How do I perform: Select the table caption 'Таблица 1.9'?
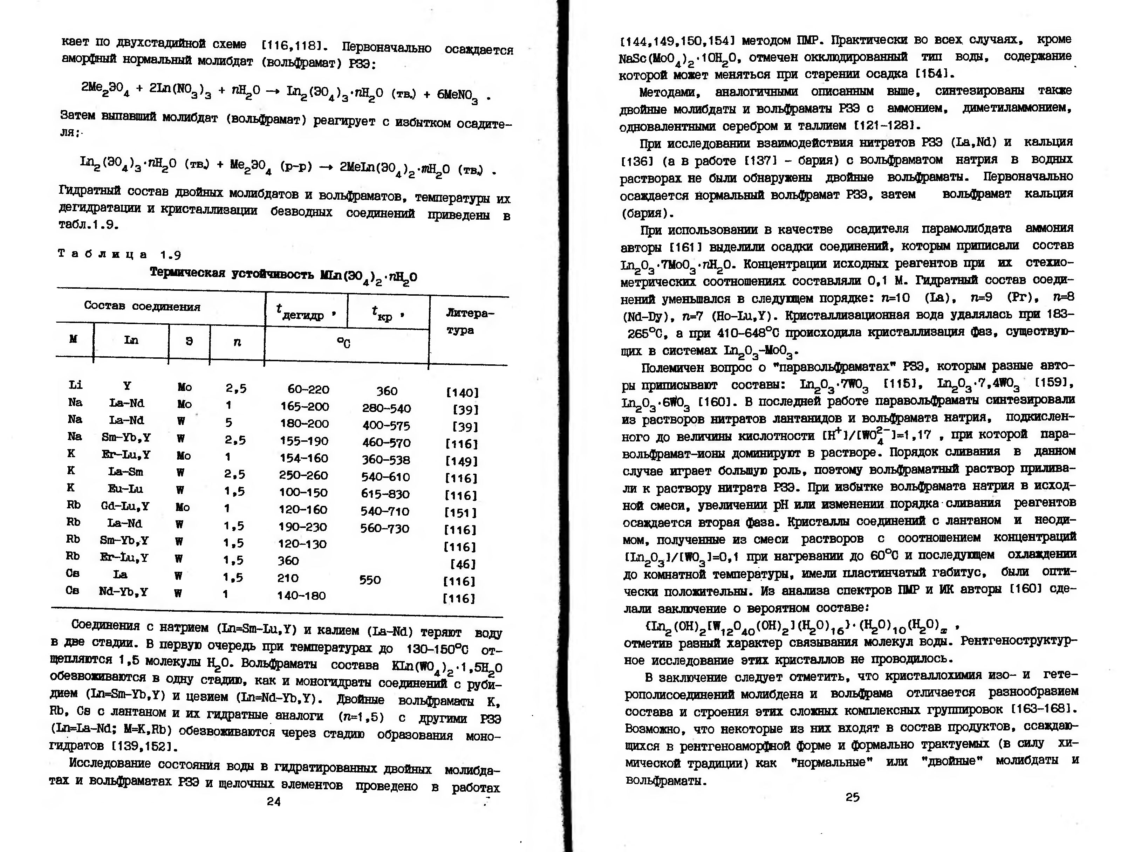tap(119, 254)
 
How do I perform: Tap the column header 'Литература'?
tap(469, 321)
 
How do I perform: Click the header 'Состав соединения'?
tap(142, 306)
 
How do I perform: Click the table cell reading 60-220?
tap(308, 389)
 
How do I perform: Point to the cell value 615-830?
tap(385, 494)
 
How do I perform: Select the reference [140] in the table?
tap(462, 392)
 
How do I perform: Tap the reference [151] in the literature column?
tap(460, 513)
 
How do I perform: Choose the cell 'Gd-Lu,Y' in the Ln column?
tap(125, 507)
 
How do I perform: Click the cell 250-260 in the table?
tap(303, 475)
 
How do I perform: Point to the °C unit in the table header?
tap(343, 343)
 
